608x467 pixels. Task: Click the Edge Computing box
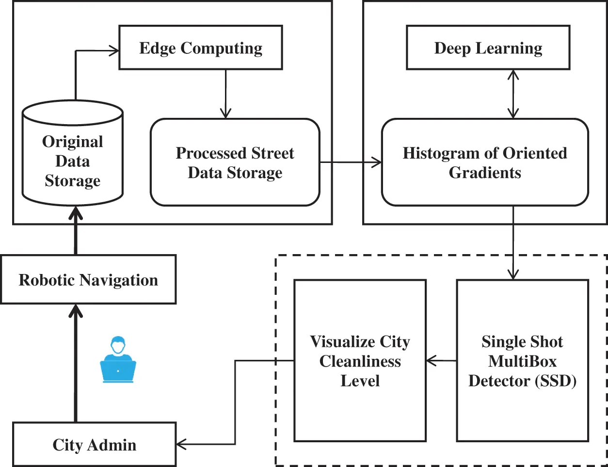pos(201,48)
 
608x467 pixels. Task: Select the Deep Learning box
pos(488,48)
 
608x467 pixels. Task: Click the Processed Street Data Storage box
pos(235,162)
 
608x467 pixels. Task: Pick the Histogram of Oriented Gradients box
pos(485,162)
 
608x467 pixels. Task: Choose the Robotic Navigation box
pos(88,280)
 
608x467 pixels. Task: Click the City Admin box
pos(94,445)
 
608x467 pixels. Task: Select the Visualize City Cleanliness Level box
pos(360,361)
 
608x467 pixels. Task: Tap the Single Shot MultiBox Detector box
pos(522,361)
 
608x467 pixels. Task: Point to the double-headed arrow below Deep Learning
pos(513,94)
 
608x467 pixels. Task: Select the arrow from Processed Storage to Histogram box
pos(350,162)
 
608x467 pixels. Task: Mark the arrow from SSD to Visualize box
pos(441,361)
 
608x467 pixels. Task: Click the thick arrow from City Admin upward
pos(75,364)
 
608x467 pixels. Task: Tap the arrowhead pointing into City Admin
pos(181,444)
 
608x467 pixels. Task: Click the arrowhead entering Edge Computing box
pos(114,50)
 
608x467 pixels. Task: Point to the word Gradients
pos(485,173)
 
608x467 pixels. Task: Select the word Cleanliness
pos(360,361)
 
